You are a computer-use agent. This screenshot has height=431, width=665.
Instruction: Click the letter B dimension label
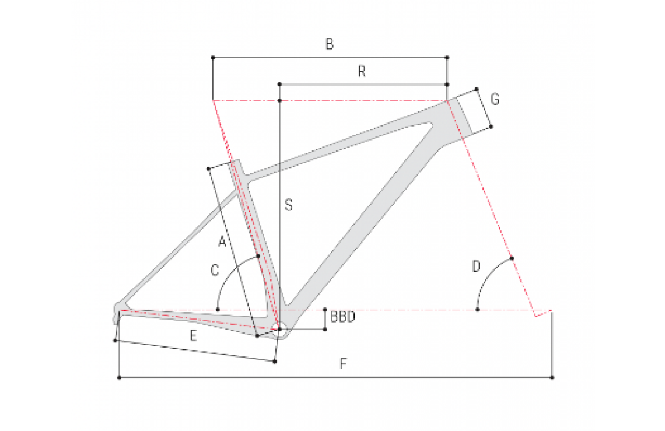(330, 44)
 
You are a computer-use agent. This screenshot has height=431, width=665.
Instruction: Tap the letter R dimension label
(362, 71)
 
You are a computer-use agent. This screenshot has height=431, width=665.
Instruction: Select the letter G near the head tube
(495, 99)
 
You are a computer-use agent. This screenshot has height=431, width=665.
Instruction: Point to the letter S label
(288, 205)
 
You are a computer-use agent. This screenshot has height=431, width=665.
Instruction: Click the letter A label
(222, 242)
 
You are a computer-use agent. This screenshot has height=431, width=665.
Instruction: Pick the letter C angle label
(215, 270)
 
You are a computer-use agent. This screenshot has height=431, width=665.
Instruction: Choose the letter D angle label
(476, 267)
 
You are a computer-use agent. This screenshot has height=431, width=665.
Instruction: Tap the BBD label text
(342, 317)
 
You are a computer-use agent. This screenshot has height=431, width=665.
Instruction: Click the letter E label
(194, 336)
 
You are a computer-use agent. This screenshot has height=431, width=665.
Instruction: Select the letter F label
(344, 363)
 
